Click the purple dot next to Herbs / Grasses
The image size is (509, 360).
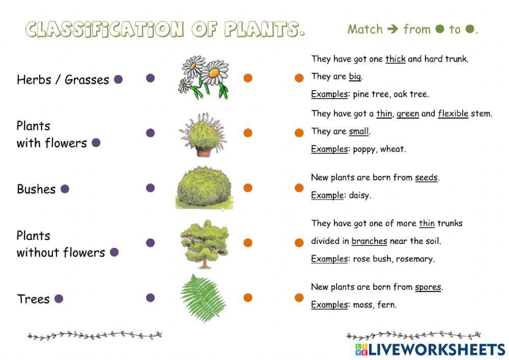pos(118,79)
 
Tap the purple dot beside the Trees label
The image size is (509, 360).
pos(59,299)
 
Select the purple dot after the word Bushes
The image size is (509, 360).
pos(65,189)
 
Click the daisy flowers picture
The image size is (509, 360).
pos(204,78)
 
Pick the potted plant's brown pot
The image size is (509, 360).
pos(203,152)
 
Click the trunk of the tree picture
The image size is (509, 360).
pos(205,261)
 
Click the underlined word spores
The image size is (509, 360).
pos(428,287)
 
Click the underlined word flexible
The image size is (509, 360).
pos(453,114)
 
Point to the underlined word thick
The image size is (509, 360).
pos(395,59)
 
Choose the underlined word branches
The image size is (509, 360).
pos(369,241)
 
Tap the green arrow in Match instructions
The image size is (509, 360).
pos(392,30)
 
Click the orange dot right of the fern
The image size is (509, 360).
pos(248,298)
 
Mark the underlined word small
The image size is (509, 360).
pos(358,131)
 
